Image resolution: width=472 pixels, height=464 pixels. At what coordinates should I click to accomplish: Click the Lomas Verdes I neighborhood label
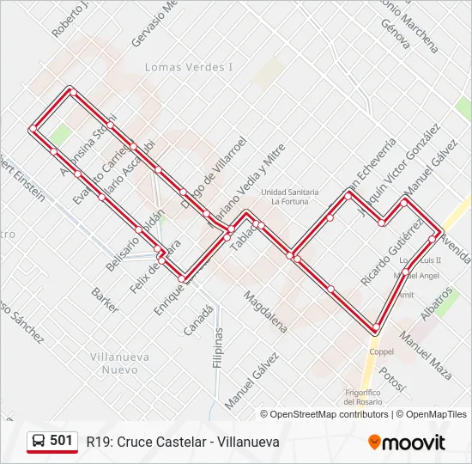point(189,67)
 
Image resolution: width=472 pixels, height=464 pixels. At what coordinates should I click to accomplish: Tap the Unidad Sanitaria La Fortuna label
point(290,197)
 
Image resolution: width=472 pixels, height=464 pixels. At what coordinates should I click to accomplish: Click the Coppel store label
point(381,351)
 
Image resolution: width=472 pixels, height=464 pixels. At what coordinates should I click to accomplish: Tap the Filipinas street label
point(219,348)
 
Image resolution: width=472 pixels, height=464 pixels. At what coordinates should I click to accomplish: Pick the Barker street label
point(105,300)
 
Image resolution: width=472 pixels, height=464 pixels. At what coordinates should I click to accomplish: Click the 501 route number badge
point(61,441)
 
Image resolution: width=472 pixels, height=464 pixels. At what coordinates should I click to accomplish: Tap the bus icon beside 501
point(39,442)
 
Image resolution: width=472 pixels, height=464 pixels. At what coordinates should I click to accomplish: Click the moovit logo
point(407,443)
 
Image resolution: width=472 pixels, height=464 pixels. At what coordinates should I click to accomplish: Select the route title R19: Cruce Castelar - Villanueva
point(183,442)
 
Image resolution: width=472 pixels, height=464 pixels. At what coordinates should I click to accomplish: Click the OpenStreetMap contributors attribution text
point(329,414)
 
